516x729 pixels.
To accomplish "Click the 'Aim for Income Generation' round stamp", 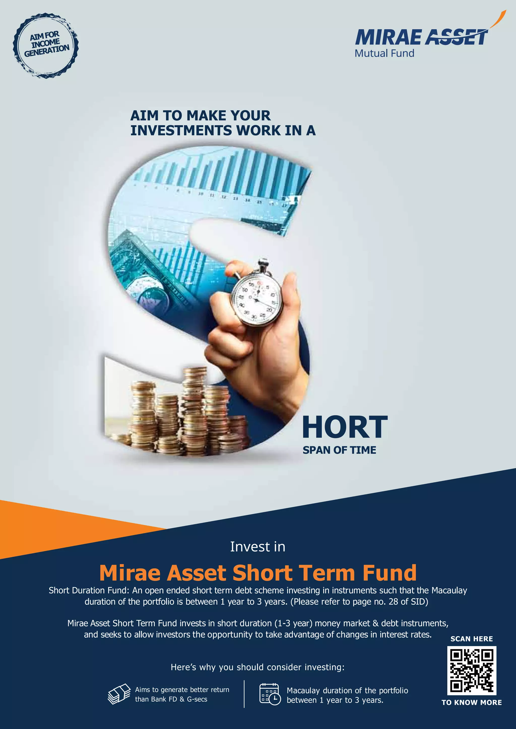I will pos(46,46).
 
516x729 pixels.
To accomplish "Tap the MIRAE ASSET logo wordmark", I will pos(421,38).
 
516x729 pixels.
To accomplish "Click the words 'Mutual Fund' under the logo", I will pos(384,53).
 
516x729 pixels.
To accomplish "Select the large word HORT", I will pos(345,427).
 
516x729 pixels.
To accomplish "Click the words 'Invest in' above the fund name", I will pos(258,547).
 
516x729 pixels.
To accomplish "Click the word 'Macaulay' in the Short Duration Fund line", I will pos(449,591).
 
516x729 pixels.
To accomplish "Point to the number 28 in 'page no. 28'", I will pos(393,602).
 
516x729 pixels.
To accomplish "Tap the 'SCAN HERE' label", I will pos(471,639).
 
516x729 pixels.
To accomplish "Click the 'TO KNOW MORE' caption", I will pos(471,702).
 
